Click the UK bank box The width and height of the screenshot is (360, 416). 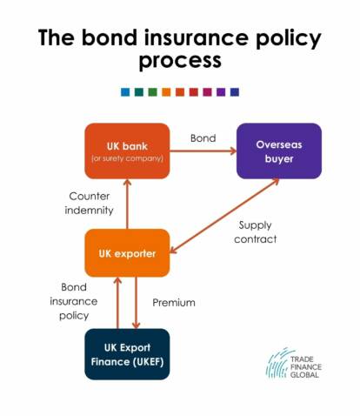coord(127,151)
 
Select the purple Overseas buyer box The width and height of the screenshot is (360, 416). coord(278,151)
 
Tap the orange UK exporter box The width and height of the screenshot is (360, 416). coord(127,254)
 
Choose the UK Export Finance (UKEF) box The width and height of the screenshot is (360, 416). coord(127,353)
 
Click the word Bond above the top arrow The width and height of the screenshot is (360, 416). coord(203,138)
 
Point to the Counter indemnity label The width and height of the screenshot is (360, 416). coord(89,203)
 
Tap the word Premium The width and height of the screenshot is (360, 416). coord(174,303)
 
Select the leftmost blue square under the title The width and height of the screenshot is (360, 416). coord(126,91)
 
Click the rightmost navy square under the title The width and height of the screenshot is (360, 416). coord(234,91)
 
